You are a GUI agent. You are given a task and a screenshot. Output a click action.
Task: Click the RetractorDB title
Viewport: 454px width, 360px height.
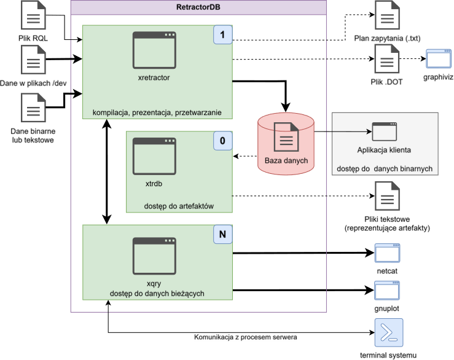(x=198, y=7)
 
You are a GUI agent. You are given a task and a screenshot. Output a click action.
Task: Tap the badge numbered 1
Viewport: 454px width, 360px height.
(x=222, y=35)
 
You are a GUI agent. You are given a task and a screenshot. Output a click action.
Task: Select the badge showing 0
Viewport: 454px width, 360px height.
(x=222, y=141)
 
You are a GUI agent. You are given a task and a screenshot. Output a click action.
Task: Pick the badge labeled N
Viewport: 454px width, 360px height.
(x=222, y=234)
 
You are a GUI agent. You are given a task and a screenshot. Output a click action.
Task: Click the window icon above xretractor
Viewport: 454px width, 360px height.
(x=154, y=50)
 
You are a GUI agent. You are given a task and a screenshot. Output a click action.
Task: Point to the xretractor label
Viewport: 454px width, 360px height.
(x=154, y=78)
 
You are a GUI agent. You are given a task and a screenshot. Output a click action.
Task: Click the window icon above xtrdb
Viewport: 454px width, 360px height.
(x=154, y=157)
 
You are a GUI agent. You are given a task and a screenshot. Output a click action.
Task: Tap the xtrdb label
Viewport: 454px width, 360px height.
(x=154, y=183)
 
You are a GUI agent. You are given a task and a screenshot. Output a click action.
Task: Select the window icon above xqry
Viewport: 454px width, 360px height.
(x=154, y=256)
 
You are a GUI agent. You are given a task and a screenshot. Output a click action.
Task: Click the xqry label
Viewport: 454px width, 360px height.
(x=154, y=283)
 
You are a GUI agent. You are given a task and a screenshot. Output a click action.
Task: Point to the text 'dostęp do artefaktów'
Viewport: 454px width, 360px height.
(x=179, y=206)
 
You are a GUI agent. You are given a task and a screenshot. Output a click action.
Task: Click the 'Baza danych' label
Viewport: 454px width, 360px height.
(x=286, y=161)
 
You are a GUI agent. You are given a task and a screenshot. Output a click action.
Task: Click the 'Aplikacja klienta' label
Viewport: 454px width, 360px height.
(x=384, y=150)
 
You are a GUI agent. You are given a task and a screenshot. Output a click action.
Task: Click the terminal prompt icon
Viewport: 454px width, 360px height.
(x=389, y=333)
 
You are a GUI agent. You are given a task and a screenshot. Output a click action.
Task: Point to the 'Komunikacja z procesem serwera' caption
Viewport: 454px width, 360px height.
(x=246, y=337)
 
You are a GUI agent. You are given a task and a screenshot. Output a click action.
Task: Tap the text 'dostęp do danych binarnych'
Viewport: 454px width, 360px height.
(x=385, y=168)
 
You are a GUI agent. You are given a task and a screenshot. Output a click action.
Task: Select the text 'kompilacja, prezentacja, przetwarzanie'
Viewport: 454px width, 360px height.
(x=157, y=112)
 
